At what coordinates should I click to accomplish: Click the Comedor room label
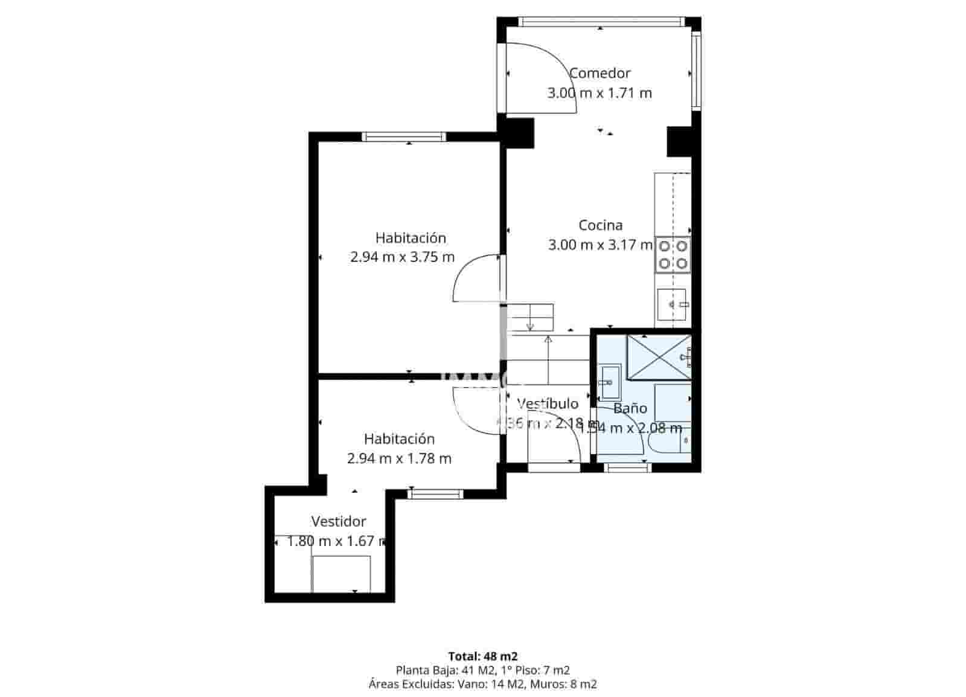pos(600,73)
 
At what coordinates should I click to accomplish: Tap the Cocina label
pos(600,225)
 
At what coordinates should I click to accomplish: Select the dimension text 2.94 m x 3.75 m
pos(402,257)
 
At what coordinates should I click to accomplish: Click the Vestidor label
pos(338,521)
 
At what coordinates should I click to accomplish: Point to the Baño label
pos(630,408)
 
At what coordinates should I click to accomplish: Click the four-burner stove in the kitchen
pos(673,254)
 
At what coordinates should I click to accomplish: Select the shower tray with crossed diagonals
pos(658,357)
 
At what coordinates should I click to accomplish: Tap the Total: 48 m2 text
pos(482,656)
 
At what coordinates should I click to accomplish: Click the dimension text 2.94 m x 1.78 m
pos(399,459)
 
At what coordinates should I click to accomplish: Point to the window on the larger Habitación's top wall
pos(404,137)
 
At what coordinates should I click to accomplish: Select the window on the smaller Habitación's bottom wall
pos(435,494)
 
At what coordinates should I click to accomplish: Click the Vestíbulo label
pos(548,403)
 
